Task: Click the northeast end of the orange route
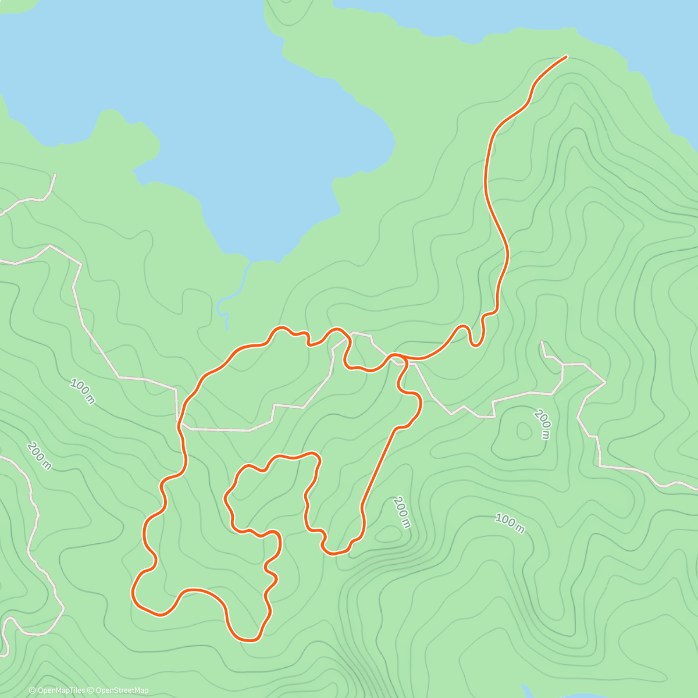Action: tap(565, 57)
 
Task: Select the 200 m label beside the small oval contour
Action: tap(543, 424)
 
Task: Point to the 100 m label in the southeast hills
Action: tap(510, 523)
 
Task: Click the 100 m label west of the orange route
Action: tap(82, 391)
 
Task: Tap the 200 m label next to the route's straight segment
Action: tap(402, 512)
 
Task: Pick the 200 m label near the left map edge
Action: tap(38, 456)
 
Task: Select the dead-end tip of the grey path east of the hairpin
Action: tap(542, 342)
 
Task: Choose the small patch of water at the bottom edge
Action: tap(526, 692)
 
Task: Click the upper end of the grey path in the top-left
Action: tap(55, 174)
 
